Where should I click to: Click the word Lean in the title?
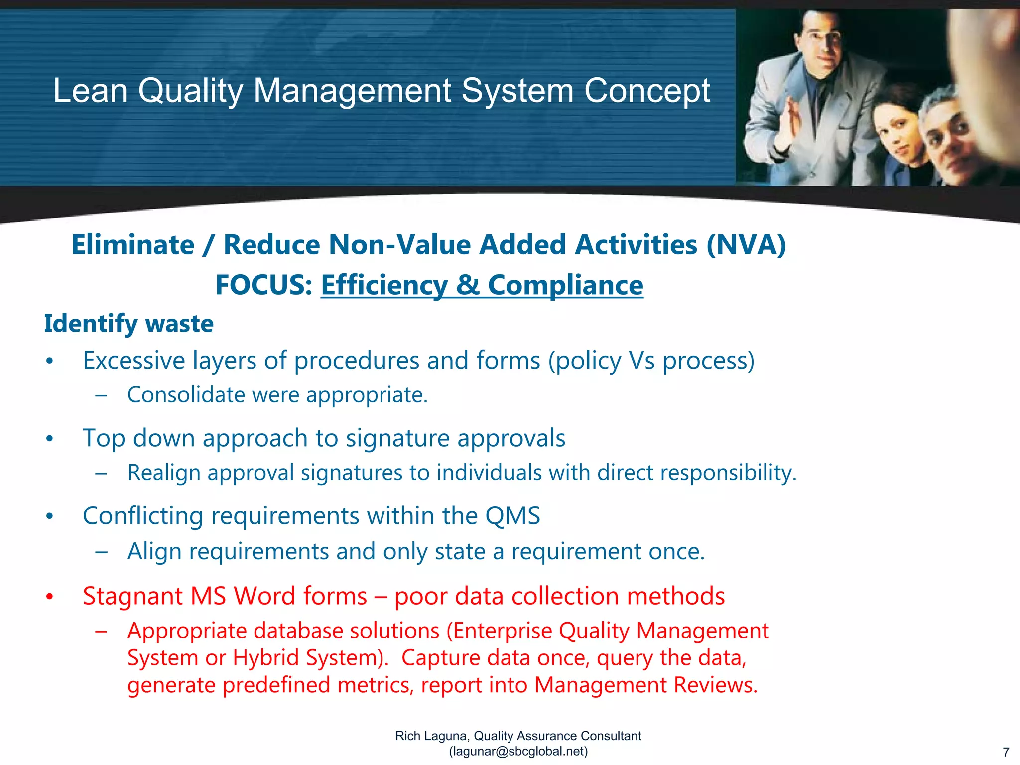tap(90, 91)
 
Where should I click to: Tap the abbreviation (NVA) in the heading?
tap(746, 245)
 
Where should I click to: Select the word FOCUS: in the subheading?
tap(263, 285)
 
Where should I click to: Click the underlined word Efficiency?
tap(384, 285)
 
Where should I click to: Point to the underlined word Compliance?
tap(565, 285)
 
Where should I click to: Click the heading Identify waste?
tap(128, 324)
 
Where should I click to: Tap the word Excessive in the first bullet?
tap(134, 360)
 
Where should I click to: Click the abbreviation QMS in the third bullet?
tap(512, 516)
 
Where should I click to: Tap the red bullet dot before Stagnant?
tap(49, 596)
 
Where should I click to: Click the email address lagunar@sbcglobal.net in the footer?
tap(518, 751)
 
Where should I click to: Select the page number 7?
tap(1006, 752)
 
